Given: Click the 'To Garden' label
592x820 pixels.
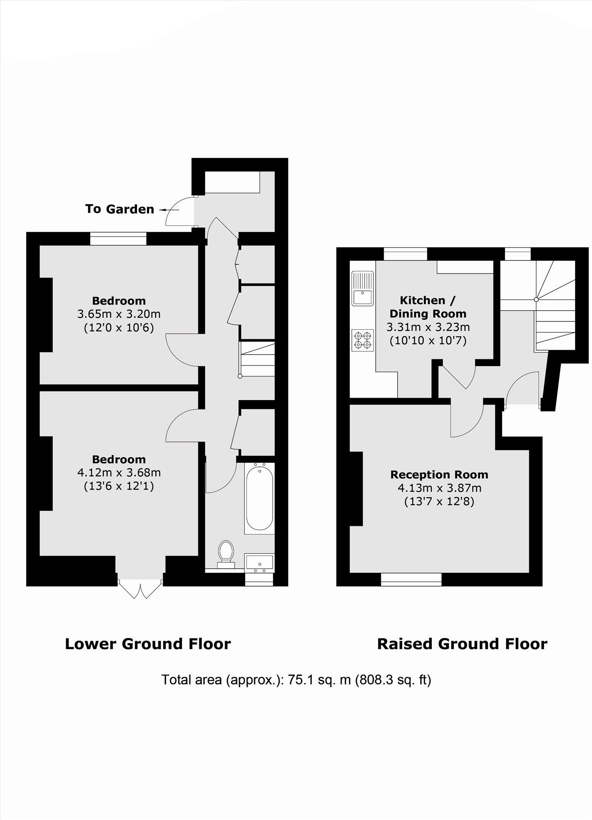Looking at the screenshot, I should [119, 209].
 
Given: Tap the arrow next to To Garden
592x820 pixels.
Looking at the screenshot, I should [169, 210].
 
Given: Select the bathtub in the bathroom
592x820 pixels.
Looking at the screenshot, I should [259, 498].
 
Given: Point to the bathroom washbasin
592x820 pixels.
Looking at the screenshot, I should [259, 562].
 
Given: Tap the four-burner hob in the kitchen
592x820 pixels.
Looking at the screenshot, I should [362, 340].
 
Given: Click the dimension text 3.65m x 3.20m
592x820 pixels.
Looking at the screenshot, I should [119, 314].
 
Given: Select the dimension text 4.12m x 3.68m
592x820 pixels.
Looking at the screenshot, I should [119, 473].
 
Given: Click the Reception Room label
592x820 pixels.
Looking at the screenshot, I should [439, 475].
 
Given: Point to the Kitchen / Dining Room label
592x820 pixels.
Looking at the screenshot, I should [428, 307].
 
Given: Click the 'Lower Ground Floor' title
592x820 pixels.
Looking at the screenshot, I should [148, 644].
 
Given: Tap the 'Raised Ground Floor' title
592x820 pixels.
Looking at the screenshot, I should [462, 644].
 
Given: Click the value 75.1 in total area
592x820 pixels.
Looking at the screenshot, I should [299, 680].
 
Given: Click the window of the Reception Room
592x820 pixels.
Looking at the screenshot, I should [411, 579].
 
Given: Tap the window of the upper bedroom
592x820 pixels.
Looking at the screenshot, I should [118, 239].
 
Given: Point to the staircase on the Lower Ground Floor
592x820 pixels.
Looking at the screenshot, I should [257, 359].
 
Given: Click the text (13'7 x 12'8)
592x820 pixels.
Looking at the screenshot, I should [439, 501].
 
